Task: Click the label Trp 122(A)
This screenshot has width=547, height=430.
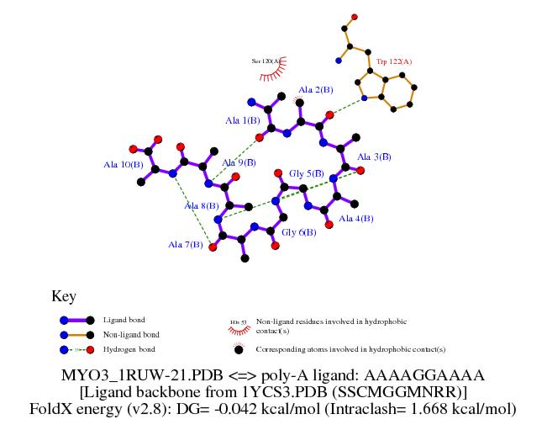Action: pos(395,61)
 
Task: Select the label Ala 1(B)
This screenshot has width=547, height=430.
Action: pos(242,120)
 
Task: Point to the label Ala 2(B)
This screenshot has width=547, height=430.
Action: pos(316,89)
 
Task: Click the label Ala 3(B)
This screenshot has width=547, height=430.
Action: pos(374,157)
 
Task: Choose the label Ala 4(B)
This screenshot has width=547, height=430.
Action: pos(355,218)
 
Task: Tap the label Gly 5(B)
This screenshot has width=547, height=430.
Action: pos(307,173)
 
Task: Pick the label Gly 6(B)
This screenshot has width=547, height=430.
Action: pos(298,232)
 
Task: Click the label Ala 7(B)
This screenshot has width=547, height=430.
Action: pos(185,245)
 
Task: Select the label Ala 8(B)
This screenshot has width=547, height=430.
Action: pos(202,204)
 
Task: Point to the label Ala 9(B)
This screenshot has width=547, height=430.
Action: pos(239,162)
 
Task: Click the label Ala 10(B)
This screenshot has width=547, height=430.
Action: pos(122,165)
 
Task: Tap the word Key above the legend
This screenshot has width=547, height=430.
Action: pos(64,296)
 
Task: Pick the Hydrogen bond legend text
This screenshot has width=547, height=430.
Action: pos(129,348)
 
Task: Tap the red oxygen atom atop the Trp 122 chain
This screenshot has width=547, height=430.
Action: pos(355,17)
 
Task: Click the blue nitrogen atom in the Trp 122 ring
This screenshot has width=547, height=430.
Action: pos(364,98)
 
